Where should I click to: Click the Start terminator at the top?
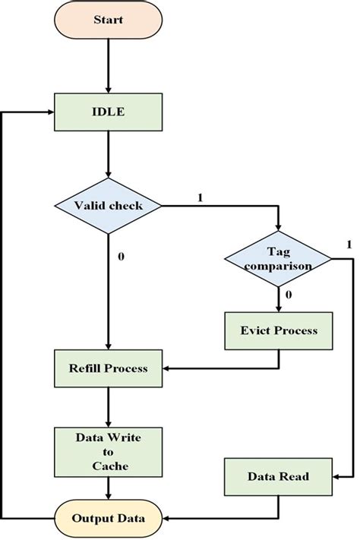(x=108, y=21)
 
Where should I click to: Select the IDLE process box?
(x=108, y=112)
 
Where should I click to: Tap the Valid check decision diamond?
(x=108, y=205)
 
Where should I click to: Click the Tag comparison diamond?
(x=278, y=259)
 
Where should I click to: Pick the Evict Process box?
(x=278, y=331)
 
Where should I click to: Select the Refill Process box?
(x=108, y=368)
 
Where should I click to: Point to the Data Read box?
(x=278, y=477)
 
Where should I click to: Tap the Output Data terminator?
(x=108, y=519)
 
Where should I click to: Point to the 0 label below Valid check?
(x=121, y=256)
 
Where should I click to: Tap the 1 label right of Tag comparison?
(x=349, y=245)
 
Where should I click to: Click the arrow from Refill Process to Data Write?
(x=108, y=406)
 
